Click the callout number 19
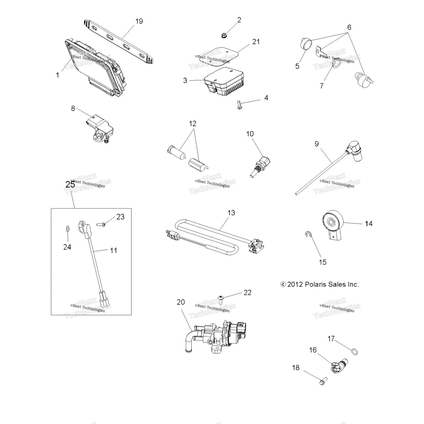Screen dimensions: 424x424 click(x=139, y=21)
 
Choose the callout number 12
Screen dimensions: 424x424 click(x=192, y=124)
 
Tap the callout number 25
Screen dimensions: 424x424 click(x=70, y=185)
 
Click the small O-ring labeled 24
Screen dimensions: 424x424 click(x=67, y=228)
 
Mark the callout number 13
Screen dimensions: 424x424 click(x=231, y=213)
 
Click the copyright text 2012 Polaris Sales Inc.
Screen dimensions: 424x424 click(x=320, y=284)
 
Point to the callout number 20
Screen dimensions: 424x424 click(x=181, y=302)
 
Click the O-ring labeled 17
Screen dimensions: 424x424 click(x=354, y=351)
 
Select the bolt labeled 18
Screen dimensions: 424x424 click(x=323, y=382)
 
